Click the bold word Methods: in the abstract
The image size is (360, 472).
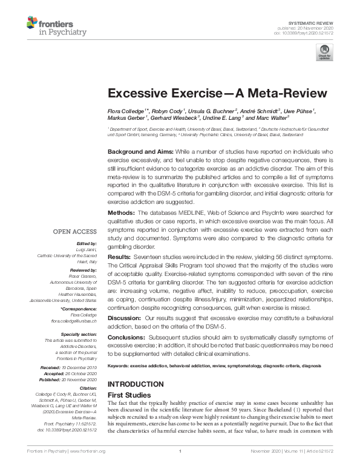tap(121, 214)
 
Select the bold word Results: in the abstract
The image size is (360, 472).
tap(120, 258)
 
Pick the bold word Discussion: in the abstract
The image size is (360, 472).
tap(125, 318)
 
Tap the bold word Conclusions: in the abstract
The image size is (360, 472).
tap(127, 337)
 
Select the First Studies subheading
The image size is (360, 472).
tap(129, 394)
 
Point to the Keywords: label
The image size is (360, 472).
tap(120, 367)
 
